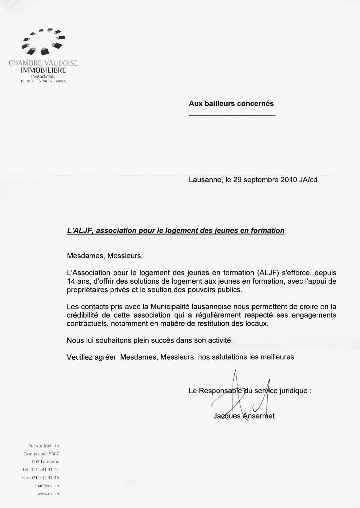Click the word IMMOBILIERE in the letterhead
(43, 70)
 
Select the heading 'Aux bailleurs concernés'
(231, 104)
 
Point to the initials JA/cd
(308, 180)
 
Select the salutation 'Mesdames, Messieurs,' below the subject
(105, 256)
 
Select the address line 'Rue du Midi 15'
(44, 446)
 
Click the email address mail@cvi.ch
(47, 486)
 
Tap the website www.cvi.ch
(48, 494)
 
